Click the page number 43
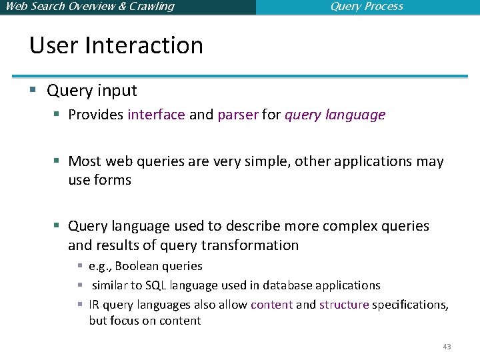[447, 347]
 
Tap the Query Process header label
[367, 7]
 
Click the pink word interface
[156, 115]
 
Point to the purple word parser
[237, 115]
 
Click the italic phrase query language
[335, 115]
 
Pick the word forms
[113, 180]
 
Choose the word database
[287, 285]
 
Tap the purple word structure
[344, 305]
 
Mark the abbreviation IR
[95, 305]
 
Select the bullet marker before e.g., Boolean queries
[79, 267]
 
